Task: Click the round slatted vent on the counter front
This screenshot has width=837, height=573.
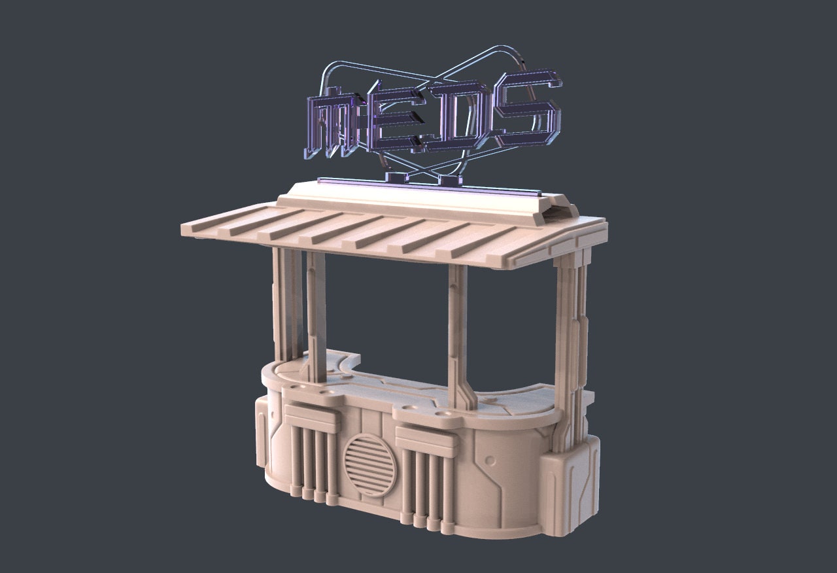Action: coord(370,465)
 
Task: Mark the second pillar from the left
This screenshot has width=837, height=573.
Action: coord(316,318)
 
